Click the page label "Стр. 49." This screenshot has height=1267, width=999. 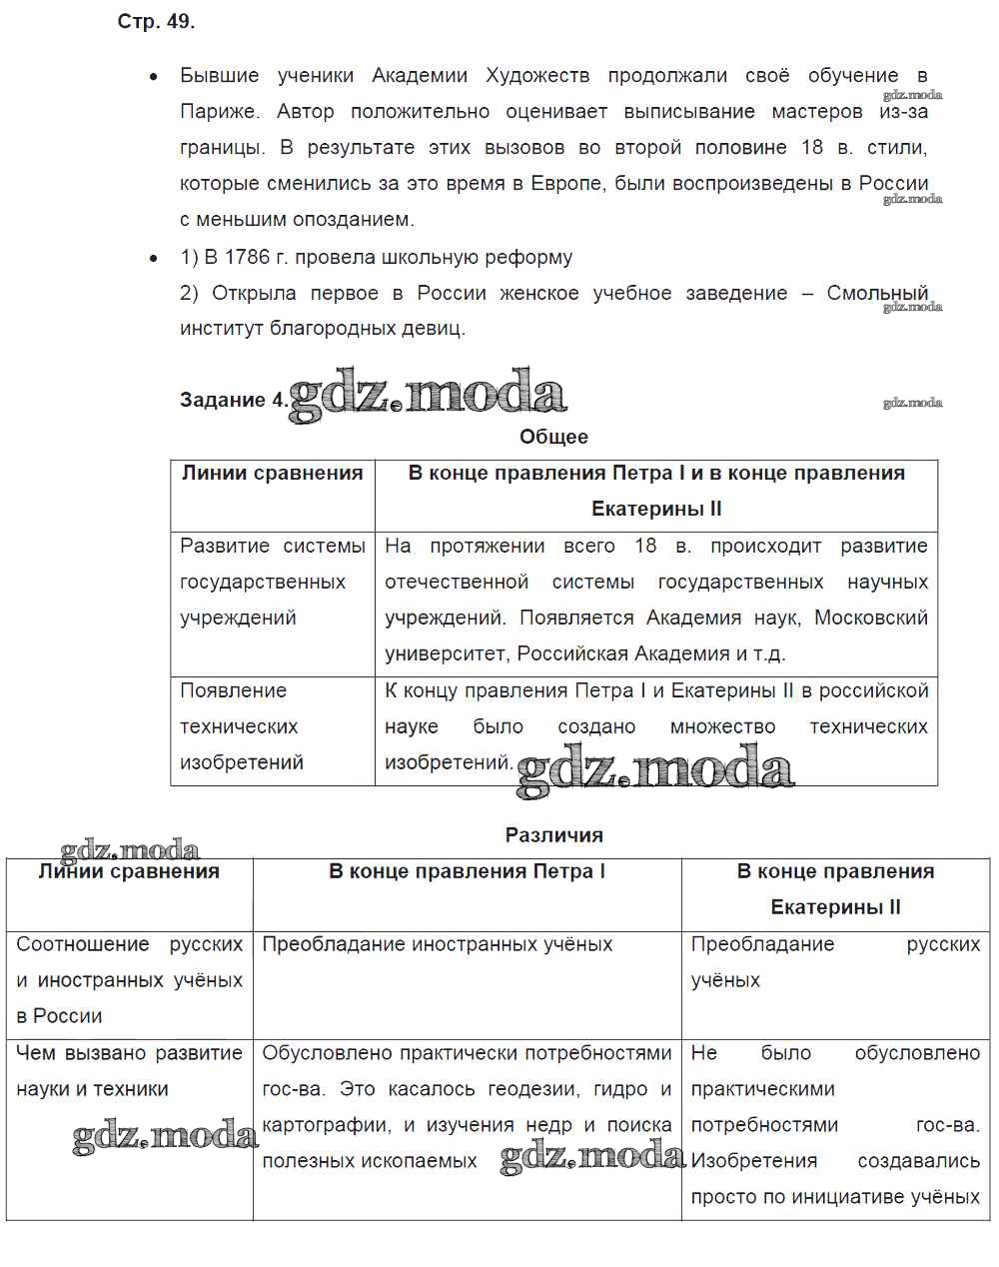[156, 22]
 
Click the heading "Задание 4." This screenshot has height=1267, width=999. [233, 400]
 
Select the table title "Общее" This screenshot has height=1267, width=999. [553, 437]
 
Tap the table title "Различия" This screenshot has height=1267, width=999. [553, 834]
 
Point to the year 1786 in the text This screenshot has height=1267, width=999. [247, 257]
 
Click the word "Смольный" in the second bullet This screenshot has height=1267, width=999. [877, 293]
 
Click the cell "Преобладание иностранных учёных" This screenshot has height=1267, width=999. [437, 944]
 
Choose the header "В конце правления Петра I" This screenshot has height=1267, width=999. [467, 871]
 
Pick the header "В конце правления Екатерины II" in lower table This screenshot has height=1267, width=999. [835, 889]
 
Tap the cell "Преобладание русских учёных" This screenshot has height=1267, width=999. [834, 962]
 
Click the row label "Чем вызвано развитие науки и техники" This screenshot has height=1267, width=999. [129, 1071]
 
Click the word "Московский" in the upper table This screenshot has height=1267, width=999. [870, 618]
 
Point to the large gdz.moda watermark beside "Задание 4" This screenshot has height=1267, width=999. [428, 395]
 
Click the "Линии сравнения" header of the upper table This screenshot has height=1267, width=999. [272, 473]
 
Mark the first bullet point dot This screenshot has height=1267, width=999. [154, 76]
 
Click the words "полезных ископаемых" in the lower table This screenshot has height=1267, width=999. [370, 1161]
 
